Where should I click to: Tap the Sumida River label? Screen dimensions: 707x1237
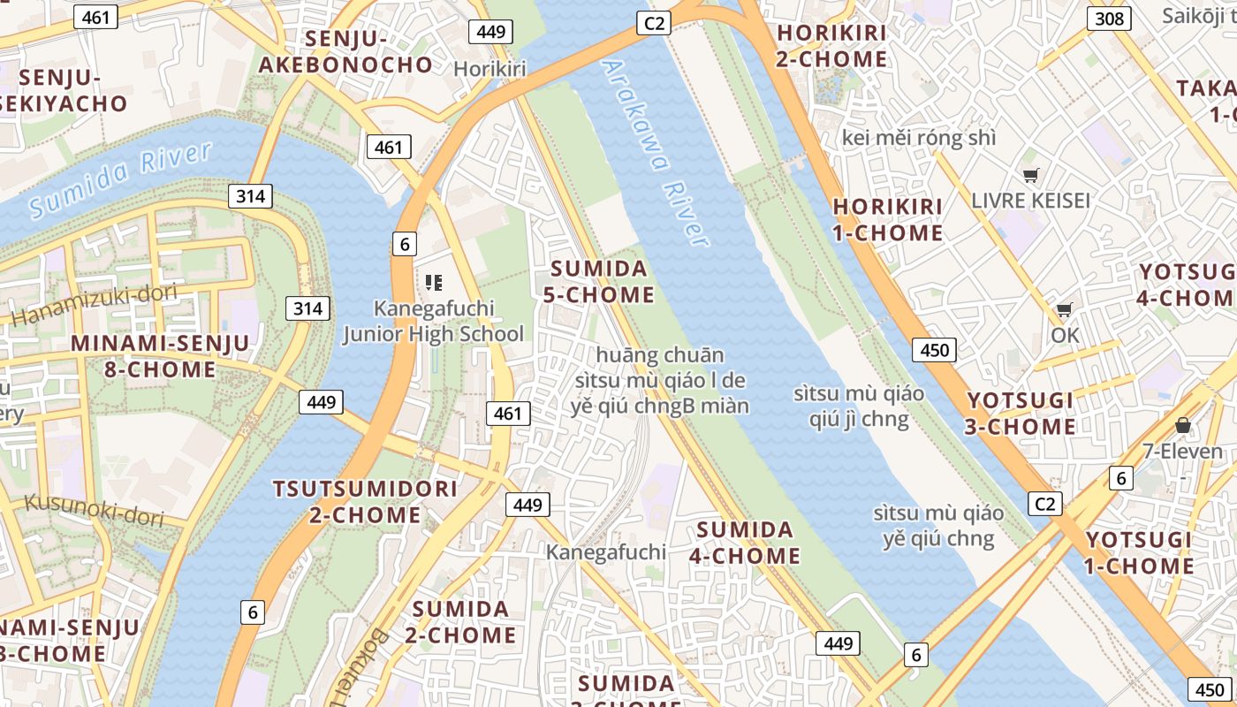[120, 179]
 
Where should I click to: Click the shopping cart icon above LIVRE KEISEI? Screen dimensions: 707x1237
[1030, 175]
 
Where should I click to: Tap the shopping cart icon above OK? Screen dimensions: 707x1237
[1065, 310]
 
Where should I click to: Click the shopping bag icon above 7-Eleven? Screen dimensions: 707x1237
[1183, 426]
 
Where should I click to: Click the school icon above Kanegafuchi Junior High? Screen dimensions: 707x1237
[433, 283]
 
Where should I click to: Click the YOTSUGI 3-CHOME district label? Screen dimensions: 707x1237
[1021, 414]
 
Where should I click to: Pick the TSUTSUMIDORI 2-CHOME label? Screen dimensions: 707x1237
[365, 501]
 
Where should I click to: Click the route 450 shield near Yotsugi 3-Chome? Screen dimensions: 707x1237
[934, 350]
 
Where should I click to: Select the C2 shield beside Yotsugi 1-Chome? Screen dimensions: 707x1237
[1045, 504]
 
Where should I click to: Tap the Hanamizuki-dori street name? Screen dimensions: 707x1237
[95, 304]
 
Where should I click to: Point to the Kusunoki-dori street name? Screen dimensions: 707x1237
[94, 509]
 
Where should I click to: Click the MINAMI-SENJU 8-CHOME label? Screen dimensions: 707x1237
[159, 356]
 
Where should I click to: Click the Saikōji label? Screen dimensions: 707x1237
[1198, 16]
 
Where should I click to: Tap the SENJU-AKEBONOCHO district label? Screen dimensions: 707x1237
[345, 51]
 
